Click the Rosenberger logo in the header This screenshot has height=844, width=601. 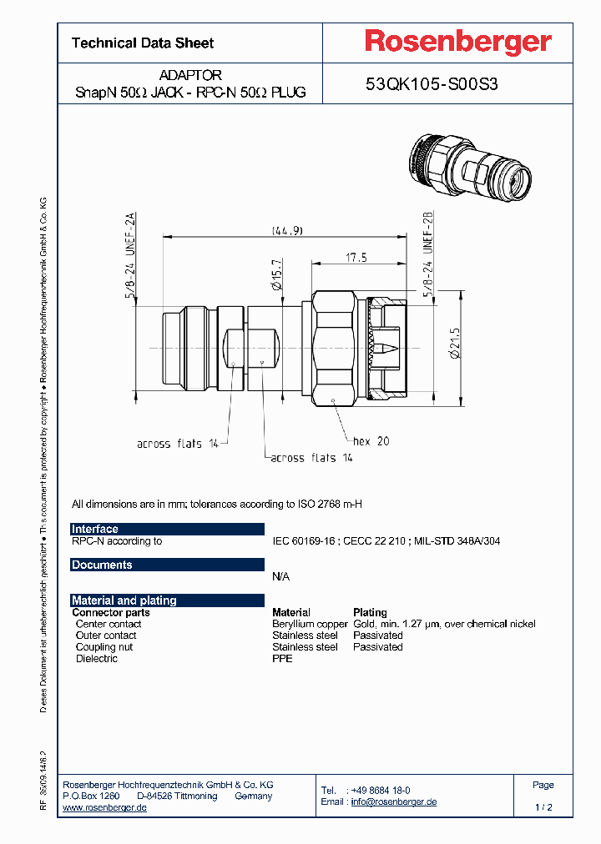point(457,42)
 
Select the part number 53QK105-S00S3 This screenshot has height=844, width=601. point(432,83)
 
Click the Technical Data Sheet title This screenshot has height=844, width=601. point(143,43)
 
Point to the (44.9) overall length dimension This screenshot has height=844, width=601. point(286,230)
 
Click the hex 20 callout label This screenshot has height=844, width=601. point(371,440)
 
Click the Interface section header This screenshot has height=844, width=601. point(95,529)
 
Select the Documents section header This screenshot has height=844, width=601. point(102,565)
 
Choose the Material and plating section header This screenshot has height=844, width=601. point(124,600)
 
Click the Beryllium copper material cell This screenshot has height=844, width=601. point(310,624)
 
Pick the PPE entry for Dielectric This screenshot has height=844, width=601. point(282,659)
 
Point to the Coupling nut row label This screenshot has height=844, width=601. point(104,647)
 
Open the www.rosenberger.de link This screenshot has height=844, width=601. point(105,807)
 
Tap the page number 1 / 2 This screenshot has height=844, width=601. point(543,807)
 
